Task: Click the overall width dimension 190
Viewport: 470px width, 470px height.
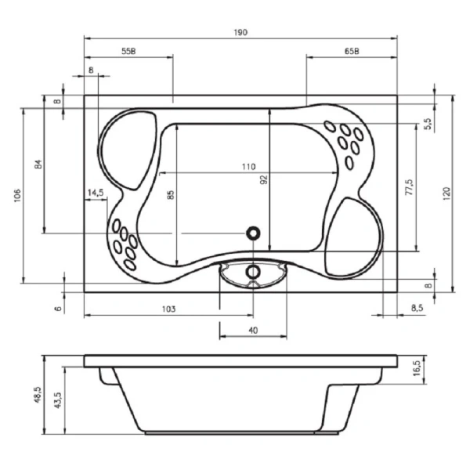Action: (x=240, y=32)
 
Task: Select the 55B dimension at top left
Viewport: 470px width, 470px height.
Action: (x=129, y=52)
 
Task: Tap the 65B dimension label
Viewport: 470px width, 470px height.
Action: (x=352, y=52)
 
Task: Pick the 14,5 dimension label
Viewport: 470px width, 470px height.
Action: (x=96, y=193)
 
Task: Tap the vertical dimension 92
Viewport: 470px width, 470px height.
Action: (x=265, y=179)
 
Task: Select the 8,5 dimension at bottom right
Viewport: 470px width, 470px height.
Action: (x=417, y=309)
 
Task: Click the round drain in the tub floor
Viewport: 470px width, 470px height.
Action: (x=253, y=233)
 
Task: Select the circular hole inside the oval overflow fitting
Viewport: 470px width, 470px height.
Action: (x=253, y=271)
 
